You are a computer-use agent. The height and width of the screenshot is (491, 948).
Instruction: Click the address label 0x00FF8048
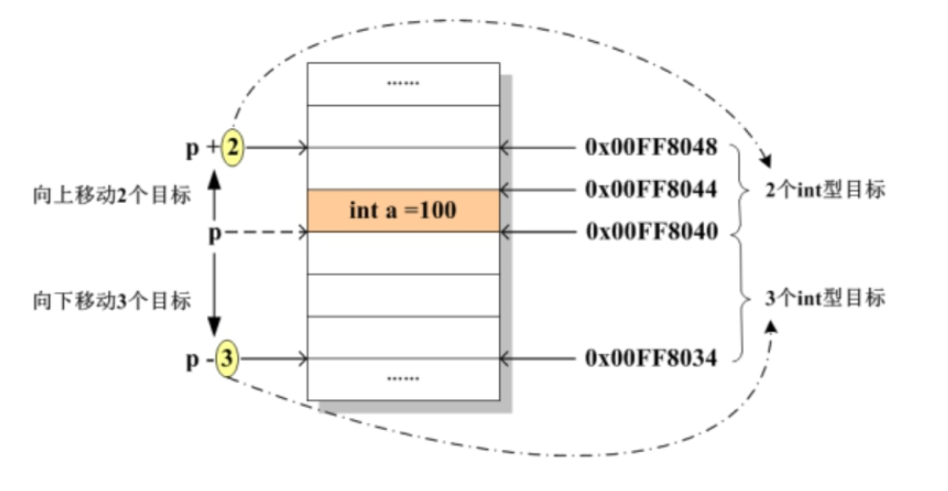[x=650, y=148]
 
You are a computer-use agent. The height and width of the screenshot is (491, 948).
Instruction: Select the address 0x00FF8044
[x=650, y=190]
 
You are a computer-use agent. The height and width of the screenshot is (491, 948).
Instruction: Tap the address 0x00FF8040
[x=650, y=232]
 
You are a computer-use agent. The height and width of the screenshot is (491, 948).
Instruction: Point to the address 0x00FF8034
[x=650, y=359]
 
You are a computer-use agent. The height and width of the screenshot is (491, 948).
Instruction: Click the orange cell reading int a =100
[x=403, y=211]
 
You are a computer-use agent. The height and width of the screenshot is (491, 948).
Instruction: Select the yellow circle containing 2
[x=233, y=147]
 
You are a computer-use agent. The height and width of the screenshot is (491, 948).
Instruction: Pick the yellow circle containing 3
[x=226, y=360]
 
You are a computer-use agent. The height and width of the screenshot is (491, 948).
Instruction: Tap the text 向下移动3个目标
[x=111, y=301]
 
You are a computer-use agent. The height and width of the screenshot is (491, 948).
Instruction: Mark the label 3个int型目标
[x=825, y=297]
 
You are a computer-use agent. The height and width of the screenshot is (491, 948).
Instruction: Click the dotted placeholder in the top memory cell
[x=403, y=83]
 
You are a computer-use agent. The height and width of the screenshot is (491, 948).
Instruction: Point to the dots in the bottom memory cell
[x=403, y=378]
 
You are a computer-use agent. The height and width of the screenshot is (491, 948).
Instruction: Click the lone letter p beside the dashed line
[x=214, y=233]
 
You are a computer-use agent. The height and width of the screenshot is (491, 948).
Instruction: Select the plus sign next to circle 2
[x=212, y=148]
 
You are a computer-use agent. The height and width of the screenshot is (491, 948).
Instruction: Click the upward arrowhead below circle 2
[x=215, y=178]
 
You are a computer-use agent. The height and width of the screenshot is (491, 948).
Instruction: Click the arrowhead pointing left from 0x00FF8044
[x=506, y=190]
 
